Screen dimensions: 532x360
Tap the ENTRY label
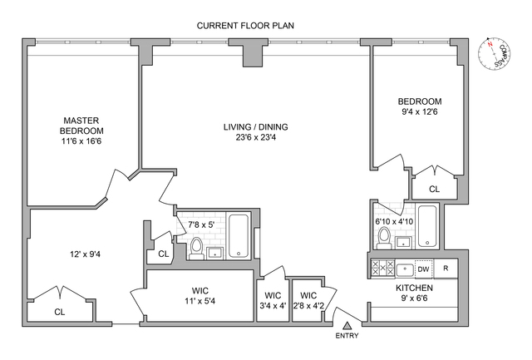347,336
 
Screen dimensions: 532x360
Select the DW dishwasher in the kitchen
422,269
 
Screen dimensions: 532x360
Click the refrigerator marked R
446,269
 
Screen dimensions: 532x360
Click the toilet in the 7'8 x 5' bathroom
197,247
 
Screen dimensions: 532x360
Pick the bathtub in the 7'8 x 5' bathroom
239,236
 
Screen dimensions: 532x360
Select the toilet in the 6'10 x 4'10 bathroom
384,239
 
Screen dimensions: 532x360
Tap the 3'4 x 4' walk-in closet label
273,300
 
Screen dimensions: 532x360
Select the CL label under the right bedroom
434,190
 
